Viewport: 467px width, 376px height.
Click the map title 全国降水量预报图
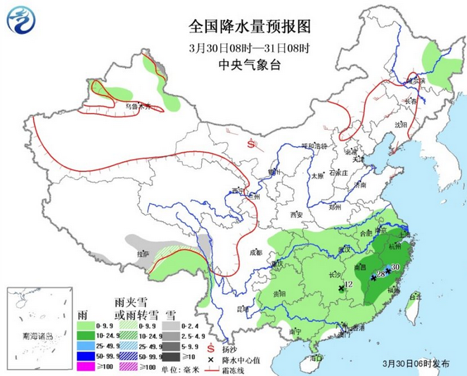click(x=240, y=27)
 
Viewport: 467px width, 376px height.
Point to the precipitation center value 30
click(x=395, y=267)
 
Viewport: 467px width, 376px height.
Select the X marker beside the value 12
click(x=341, y=288)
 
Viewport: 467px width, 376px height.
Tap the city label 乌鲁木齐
click(x=139, y=107)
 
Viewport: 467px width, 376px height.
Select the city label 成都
click(x=255, y=252)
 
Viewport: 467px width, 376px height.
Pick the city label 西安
click(x=294, y=214)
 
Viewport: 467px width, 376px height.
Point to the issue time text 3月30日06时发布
click(x=415, y=364)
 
